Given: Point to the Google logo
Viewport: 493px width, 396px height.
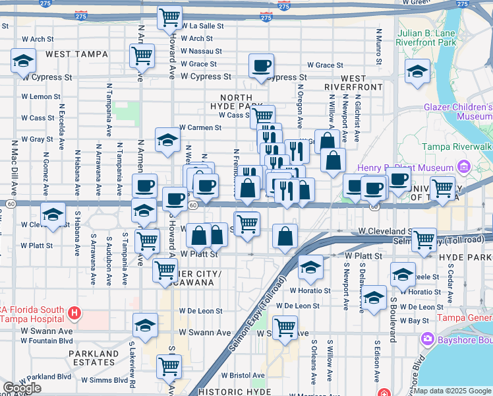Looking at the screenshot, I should pyautogui.click(x=22, y=388).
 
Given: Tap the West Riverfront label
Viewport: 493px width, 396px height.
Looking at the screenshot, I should pyautogui.click(x=353, y=82).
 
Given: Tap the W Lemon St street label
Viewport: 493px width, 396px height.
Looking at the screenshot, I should pyautogui.click(x=41, y=96).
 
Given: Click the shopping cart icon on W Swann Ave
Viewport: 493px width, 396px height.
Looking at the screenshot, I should pyautogui.click(x=285, y=326).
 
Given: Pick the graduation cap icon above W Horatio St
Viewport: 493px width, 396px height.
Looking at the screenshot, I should pyautogui.click(x=310, y=266).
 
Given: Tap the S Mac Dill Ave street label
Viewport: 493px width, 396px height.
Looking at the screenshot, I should pyautogui.click(x=13, y=168).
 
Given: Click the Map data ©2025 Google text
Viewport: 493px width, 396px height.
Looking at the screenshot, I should pyautogui.click(x=453, y=391).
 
